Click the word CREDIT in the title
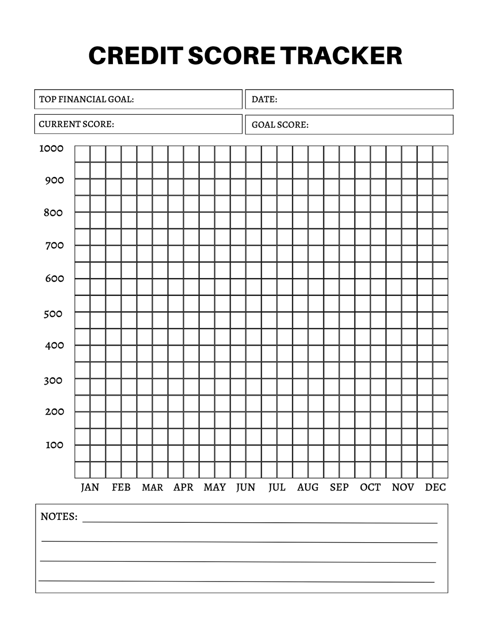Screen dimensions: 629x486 pyautogui.click(x=135, y=56)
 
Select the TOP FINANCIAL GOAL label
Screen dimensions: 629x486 pyautogui.click(x=86, y=99)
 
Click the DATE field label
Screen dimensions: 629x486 pyautogui.click(x=264, y=99)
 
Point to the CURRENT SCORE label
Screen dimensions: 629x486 pyautogui.click(x=76, y=124)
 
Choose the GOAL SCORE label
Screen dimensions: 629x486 pyautogui.click(x=280, y=125)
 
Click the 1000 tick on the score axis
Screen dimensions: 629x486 pyautogui.click(x=51, y=148)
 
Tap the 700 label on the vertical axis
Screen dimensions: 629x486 pyautogui.click(x=54, y=245)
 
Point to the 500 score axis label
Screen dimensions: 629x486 pyautogui.click(x=53, y=314)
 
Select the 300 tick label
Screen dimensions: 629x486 pyautogui.click(x=53, y=380)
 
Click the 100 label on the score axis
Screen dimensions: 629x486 pyautogui.click(x=54, y=445)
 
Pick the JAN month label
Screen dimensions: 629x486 pyautogui.click(x=90, y=487)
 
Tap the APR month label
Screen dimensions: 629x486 pyautogui.click(x=183, y=487)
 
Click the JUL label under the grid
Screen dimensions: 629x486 pyautogui.click(x=277, y=487)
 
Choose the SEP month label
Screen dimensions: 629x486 pyautogui.click(x=339, y=487)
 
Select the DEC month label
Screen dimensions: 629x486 pyautogui.click(x=435, y=487)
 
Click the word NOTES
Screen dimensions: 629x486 pyautogui.click(x=59, y=517)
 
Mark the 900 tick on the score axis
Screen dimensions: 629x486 pyautogui.click(x=54, y=180)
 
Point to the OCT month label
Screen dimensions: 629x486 pyautogui.click(x=370, y=487)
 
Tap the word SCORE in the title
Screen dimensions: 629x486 pyautogui.click(x=231, y=56)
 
